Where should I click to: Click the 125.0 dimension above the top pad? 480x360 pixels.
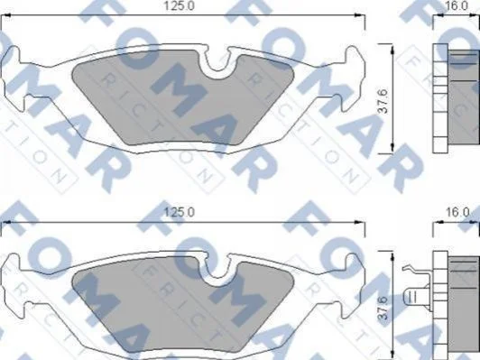tap(179, 6)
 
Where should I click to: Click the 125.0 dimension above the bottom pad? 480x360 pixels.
tap(179, 212)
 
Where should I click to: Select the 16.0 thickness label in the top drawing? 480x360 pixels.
tap(457, 5)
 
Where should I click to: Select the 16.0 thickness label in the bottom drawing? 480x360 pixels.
tap(457, 212)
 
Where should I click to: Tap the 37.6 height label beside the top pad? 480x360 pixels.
tap(383, 101)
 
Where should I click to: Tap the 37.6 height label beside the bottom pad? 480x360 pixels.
tap(383, 308)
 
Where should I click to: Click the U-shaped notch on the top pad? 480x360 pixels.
tap(217, 61)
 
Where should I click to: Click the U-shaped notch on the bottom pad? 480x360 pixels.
tap(217, 268)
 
